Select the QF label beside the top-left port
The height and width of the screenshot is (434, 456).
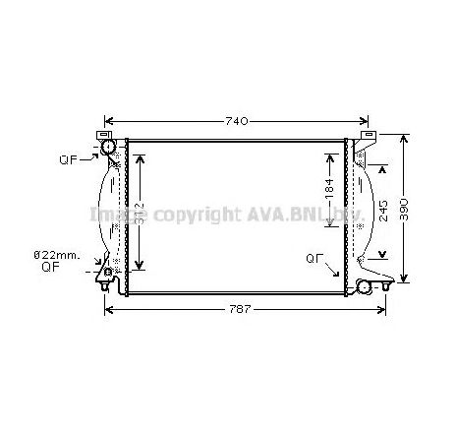67,159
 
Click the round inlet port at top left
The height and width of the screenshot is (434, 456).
107,149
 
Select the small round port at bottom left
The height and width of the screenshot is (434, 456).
108,272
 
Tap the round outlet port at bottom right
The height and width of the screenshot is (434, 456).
368,286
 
